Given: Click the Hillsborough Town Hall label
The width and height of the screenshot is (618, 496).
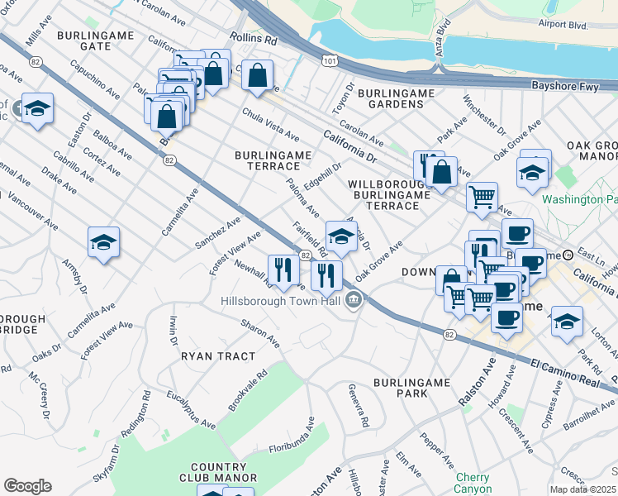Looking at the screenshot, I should pos(281,301).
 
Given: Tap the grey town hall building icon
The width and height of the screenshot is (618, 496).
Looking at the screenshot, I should pos(354,298).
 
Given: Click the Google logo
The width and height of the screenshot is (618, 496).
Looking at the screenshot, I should pos(27,486).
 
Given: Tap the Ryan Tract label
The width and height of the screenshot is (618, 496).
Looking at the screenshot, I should pos(218,355).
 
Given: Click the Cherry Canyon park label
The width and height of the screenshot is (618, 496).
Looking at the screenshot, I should pos(473,484).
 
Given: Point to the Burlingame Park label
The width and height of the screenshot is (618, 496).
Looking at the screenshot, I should pos(411,389).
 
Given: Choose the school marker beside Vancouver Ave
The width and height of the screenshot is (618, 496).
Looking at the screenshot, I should pos(104,242).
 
